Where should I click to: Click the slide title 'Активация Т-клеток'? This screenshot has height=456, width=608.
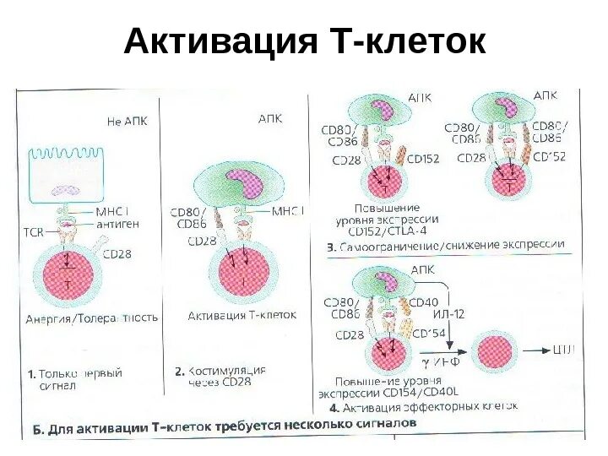304,41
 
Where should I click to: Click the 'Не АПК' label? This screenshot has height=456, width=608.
127,121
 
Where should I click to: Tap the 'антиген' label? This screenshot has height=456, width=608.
117,224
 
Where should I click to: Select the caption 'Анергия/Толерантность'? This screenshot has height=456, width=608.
92,318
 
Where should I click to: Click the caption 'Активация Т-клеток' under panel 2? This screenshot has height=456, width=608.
242,314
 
